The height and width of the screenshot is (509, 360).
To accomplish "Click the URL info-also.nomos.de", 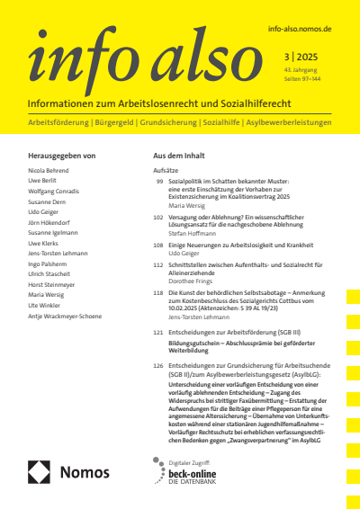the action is [300, 30].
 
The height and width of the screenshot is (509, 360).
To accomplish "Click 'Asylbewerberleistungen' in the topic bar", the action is [284, 121].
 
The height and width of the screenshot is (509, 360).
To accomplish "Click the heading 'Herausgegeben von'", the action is [62, 156].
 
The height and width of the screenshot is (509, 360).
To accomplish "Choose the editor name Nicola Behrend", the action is [49, 169].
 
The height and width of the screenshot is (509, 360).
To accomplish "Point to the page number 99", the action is [159, 182].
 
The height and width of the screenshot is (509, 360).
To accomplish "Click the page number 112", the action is [158, 267].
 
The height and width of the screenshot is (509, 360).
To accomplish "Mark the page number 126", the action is [158, 366].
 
